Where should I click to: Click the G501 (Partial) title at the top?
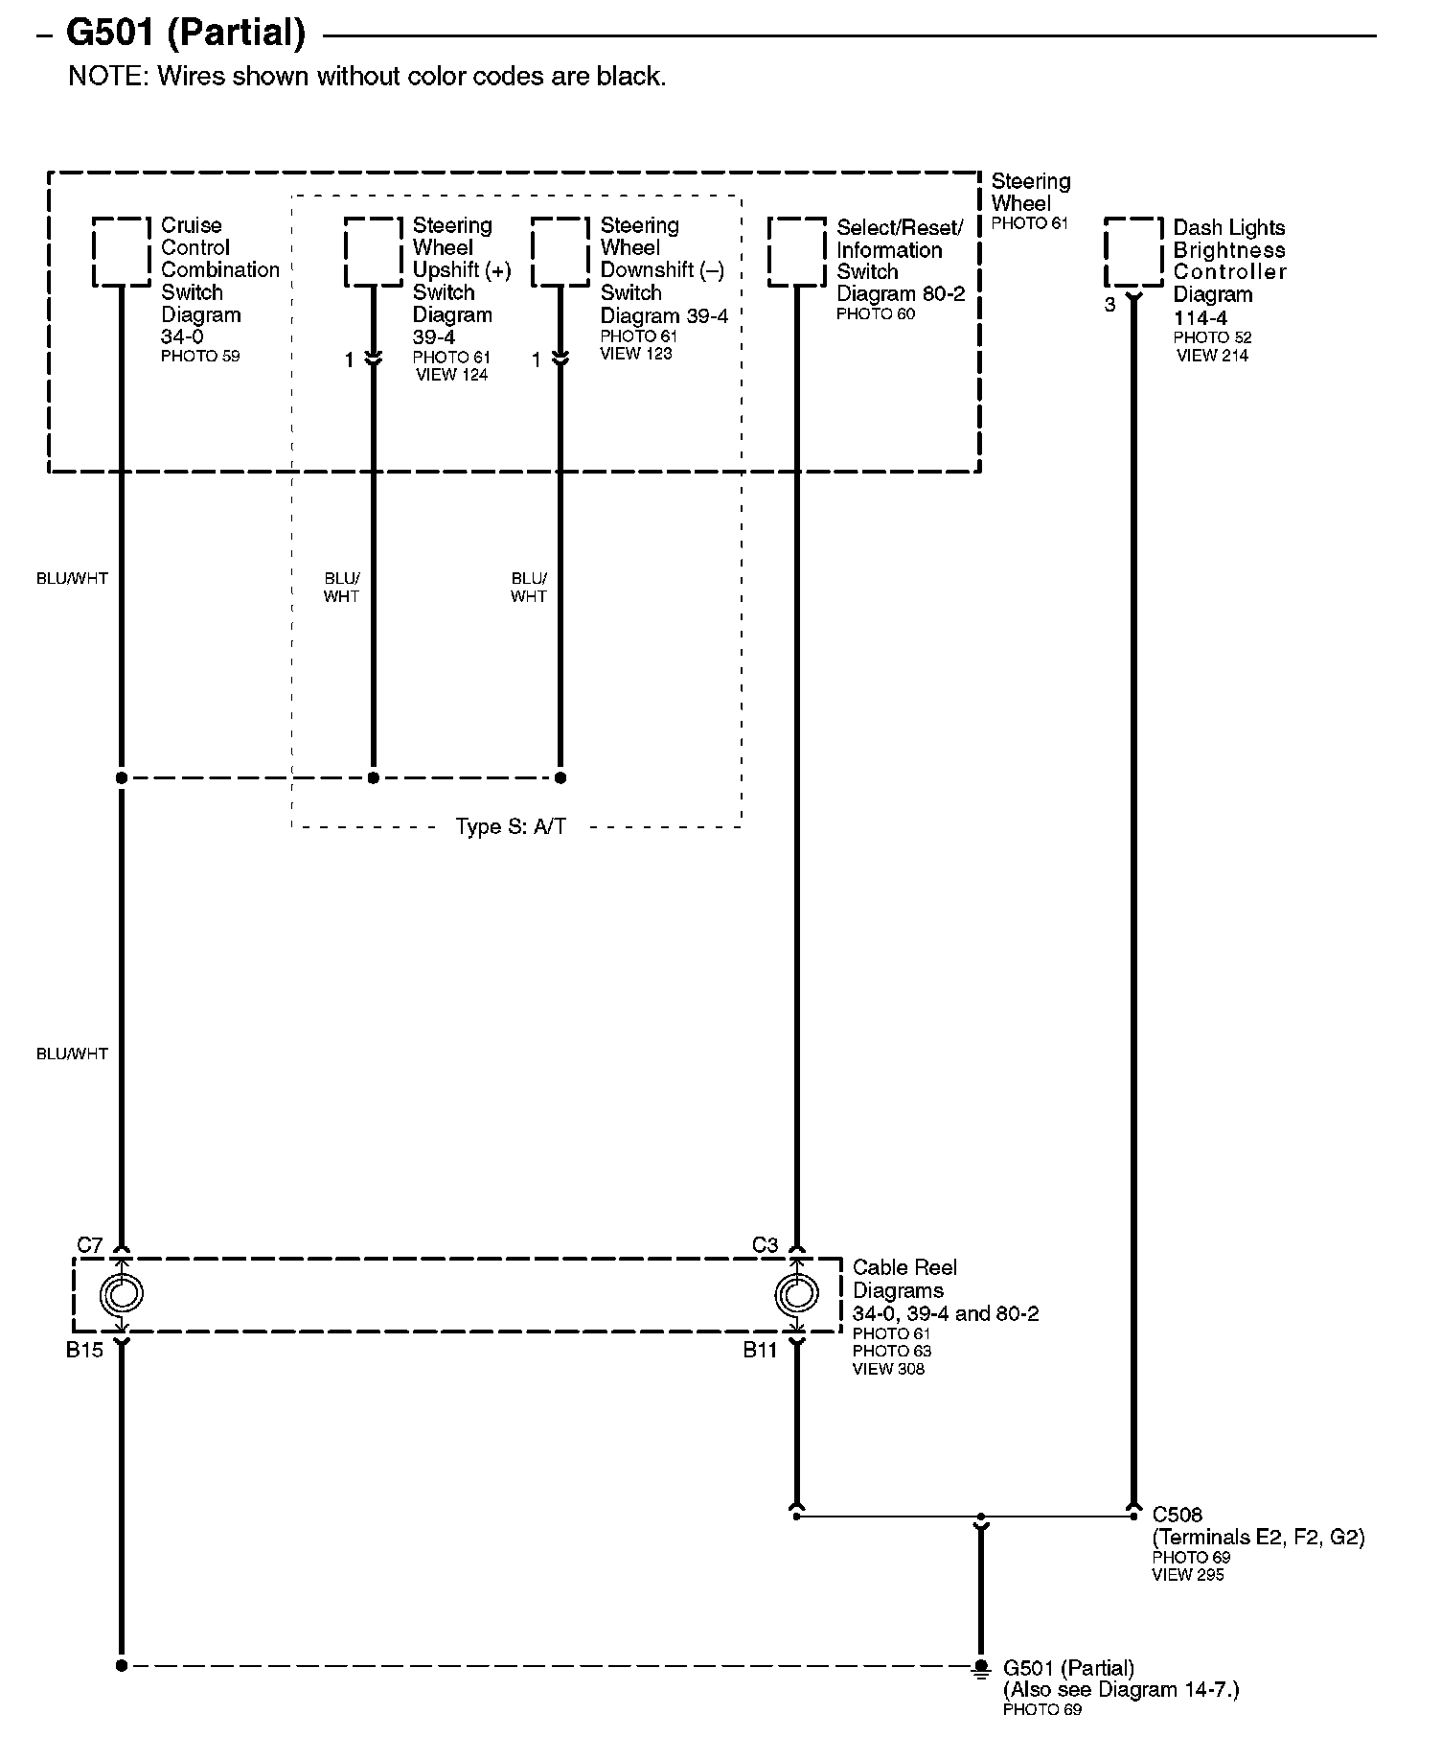coord(185,34)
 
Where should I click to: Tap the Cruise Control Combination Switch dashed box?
coord(122,252)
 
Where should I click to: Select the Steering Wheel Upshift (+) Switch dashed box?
coord(373,252)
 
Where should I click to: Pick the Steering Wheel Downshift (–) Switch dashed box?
coord(560,252)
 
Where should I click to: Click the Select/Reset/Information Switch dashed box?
coord(796,252)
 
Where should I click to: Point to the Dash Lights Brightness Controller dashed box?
coord(1133,252)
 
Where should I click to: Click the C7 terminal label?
coord(90,1245)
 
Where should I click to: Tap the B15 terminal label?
coord(84,1351)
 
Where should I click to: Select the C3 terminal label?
coord(765,1245)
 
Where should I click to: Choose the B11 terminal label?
coord(761,1351)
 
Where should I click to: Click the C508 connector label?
coord(1177,1516)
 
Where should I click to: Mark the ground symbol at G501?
coord(979,1669)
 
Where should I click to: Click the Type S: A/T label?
coord(511,826)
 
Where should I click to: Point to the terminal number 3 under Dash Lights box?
coord(1109,306)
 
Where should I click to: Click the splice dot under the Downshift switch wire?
coord(560,777)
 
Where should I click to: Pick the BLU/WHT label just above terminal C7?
coord(72,1054)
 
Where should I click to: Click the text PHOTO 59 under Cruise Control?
coord(200,357)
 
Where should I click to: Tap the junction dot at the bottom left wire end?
coord(122,1666)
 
